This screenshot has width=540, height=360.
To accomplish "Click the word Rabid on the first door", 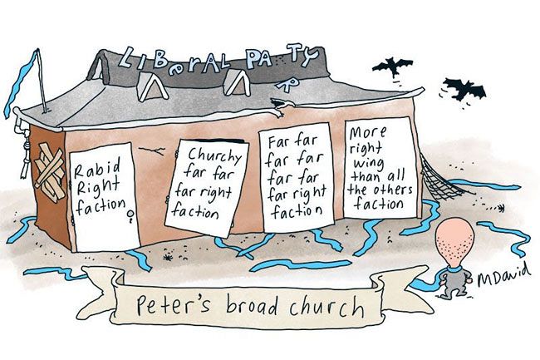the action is coord(97,168).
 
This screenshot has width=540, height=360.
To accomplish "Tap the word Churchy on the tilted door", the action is coord(215,155).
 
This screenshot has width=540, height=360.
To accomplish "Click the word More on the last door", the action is coord(367,133).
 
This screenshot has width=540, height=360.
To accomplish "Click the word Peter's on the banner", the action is coord(173,303).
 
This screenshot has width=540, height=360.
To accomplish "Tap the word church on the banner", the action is coord(326,306).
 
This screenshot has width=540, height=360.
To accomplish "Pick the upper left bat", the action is coord(393,67).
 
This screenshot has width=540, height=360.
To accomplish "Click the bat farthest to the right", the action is coord(464,89).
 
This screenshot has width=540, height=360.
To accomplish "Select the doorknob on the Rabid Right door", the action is coord(130,215).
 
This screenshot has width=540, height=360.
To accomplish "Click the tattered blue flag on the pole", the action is coord(21,82).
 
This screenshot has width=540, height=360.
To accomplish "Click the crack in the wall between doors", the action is coord(151,150).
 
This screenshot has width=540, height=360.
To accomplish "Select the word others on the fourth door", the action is coord(394,190).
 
